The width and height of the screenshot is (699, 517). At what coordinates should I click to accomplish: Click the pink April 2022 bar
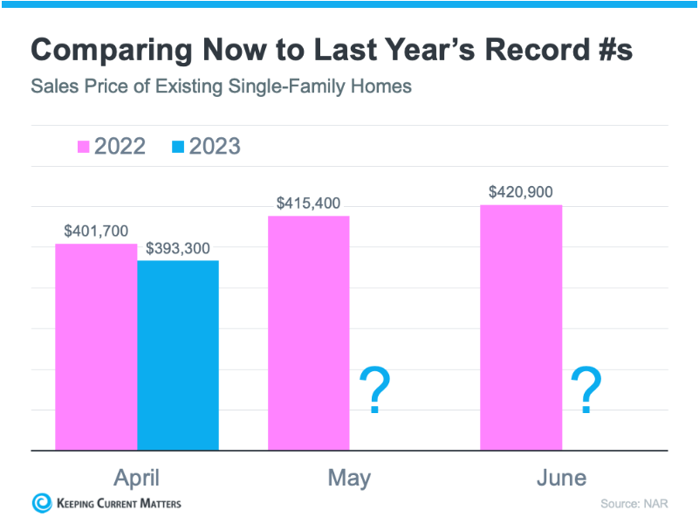coord(96,347)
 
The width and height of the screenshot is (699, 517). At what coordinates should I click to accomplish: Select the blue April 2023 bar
coord(178,355)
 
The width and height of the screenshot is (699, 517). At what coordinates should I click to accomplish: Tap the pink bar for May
coord(308,333)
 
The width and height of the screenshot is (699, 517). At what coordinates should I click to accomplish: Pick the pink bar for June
coord(521,327)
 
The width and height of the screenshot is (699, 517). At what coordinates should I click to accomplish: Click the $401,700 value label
coord(96,231)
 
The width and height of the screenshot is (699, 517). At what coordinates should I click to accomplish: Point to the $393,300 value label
coord(178,248)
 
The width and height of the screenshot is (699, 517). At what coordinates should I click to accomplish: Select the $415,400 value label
coord(309,203)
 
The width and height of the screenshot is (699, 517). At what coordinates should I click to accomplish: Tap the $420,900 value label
coord(521,192)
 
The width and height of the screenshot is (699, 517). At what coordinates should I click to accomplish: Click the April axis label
coord(137,477)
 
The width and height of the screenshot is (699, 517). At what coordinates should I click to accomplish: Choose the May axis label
coord(349,478)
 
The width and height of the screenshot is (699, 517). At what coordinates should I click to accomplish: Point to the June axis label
coord(562,478)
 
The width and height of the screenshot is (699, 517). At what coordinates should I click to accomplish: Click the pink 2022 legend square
coord(84,147)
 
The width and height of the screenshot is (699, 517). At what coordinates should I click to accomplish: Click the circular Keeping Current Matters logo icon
coord(42,502)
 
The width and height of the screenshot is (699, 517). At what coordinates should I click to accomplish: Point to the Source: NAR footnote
coord(634,504)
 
